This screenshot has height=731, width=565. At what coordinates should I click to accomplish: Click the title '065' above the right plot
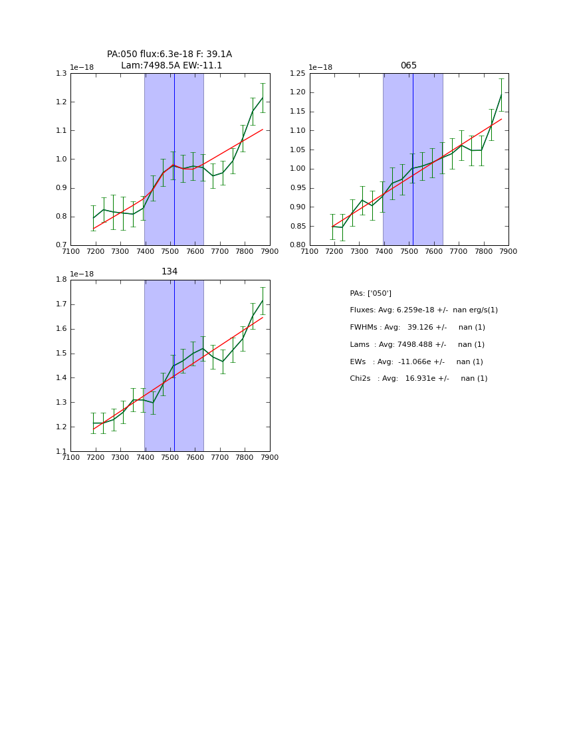(408, 66)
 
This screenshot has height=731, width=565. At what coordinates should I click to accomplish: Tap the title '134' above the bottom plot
(169, 272)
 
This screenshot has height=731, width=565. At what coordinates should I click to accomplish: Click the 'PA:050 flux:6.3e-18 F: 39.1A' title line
(169, 54)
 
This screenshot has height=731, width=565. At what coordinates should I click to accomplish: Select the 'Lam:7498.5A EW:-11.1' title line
(171, 66)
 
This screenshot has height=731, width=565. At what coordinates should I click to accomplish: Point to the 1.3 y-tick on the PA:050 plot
(61, 74)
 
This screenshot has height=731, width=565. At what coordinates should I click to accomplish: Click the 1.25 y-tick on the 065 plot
(297, 74)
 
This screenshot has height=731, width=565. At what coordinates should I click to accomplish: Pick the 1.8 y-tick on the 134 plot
(61, 280)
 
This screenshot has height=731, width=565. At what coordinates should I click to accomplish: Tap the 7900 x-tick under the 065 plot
(508, 251)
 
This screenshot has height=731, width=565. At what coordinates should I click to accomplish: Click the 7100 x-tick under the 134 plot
(70, 457)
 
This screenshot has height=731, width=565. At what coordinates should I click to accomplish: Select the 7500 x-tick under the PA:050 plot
(170, 251)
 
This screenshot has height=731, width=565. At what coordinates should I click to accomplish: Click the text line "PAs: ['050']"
(370, 294)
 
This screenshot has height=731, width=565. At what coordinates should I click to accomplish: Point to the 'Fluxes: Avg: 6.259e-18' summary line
(423, 310)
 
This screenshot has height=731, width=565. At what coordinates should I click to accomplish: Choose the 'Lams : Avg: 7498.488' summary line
(417, 345)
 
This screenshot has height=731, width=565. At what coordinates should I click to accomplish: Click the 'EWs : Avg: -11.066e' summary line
(416, 362)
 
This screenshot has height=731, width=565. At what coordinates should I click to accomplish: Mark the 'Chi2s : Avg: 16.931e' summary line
(418, 379)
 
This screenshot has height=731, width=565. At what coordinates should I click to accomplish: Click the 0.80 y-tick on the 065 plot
(297, 245)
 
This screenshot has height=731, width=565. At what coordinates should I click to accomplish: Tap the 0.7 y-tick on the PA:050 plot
(61, 245)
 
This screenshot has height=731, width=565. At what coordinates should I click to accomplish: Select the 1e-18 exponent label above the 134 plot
(82, 274)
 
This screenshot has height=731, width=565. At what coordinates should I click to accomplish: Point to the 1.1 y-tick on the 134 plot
(61, 452)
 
